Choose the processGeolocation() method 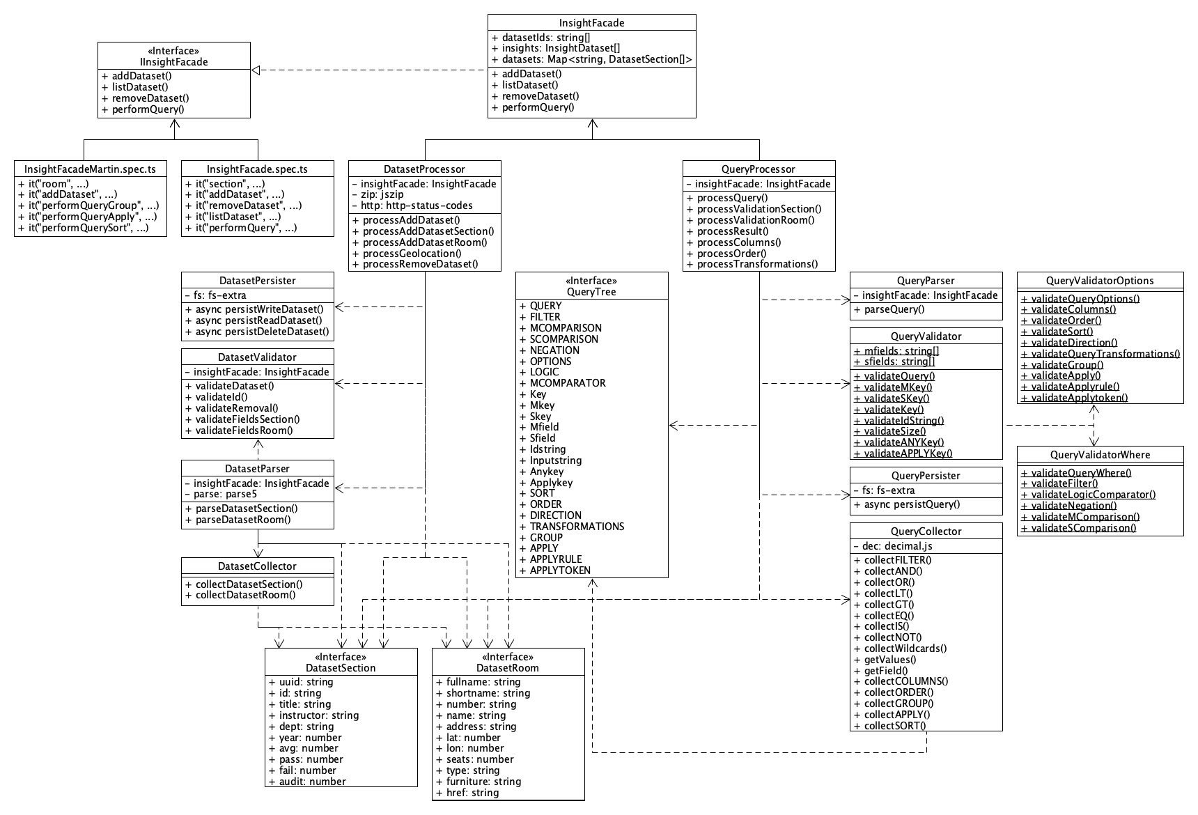click(x=412, y=253)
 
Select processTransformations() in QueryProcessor click(x=757, y=264)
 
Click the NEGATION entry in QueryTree click(x=554, y=350)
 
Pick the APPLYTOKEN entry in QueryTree click(x=560, y=570)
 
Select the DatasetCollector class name click(x=257, y=566)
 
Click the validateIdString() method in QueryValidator click(x=903, y=420)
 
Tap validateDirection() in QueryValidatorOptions click(x=1073, y=343)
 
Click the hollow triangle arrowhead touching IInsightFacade click(x=255, y=70)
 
